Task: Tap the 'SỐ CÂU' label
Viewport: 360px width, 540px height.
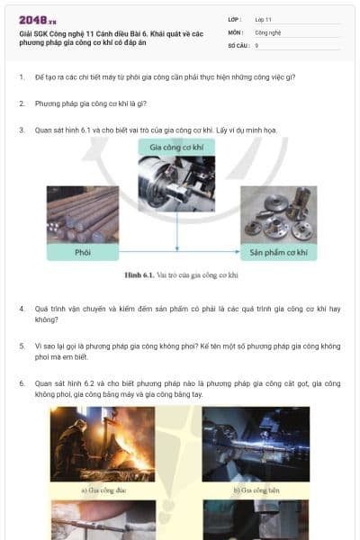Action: [x=237, y=44]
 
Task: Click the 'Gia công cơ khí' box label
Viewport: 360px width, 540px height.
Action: [x=175, y=146]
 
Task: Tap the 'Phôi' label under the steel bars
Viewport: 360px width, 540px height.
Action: [x=82, y=252]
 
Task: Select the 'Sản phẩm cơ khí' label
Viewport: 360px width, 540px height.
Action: [x=276, y=252]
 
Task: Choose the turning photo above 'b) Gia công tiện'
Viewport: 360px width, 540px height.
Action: [x=256, y=444]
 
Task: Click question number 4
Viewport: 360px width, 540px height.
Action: [x=22, y=309]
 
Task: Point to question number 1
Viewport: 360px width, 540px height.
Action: [x=22, y=77]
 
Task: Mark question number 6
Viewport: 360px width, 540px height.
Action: [x=22, y=383]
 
